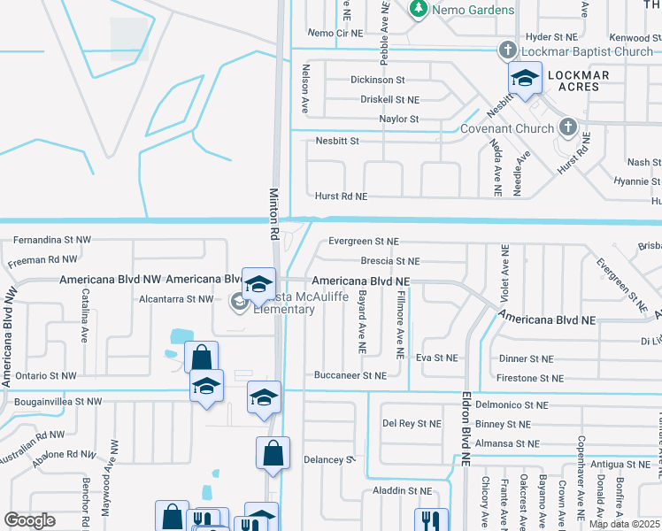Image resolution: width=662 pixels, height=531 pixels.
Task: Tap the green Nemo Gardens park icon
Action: pyautogui.click(x=419, y=9)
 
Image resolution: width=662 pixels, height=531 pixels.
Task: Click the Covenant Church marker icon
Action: pyautogui.click(x=567, y=127)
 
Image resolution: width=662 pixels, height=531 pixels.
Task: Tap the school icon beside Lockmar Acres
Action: pyautogui.click(x=525, y=81)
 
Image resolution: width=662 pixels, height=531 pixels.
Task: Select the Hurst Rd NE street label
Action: pyautogui.click(x=341, y=196)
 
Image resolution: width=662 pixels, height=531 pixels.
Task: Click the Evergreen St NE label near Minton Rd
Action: pyautogui.click(x=364, y=241)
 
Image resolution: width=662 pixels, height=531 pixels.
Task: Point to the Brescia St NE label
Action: pyautogui.click(x=389, y=262)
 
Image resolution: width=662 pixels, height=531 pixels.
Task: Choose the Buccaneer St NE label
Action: pyautogui.click(x=350, y=376)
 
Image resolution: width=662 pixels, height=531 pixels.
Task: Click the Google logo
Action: pyautogui.click(x=29, y=520)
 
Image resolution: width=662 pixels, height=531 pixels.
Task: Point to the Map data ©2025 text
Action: pyautogui.click(x=624, y=524)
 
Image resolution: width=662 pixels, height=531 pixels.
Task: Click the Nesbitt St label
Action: pyautogui.click(x=337, y=141)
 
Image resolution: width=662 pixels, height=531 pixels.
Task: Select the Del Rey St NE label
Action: pyautogui.click(x=412, y=424)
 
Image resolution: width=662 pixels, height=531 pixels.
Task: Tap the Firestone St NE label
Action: pyautogui.click(x=531, y=379)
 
